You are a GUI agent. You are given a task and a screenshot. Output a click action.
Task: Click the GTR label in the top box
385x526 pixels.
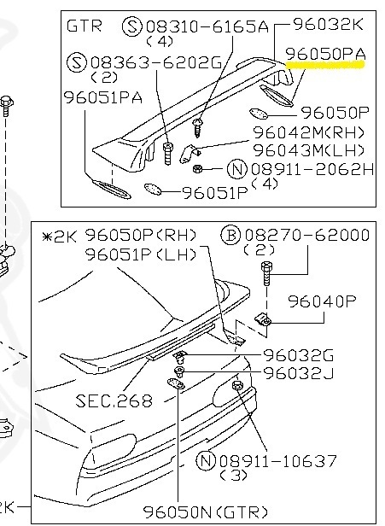(x=84, y=26)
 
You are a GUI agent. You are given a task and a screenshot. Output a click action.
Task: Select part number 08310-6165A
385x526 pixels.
(x=207, y=26)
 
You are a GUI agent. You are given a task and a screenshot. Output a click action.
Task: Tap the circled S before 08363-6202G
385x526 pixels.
(x=77, y=62)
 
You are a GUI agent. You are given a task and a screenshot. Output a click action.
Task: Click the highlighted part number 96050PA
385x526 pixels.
(x=325, y=54)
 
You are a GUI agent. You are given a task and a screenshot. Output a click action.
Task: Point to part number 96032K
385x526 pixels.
(x=329, y=24)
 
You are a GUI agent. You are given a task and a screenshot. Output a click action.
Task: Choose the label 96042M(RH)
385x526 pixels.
(x=308, y=132)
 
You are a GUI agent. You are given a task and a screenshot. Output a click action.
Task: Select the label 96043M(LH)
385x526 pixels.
(x=308, y=150)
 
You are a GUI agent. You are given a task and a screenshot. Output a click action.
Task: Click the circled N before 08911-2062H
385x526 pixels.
(x=237, y=169)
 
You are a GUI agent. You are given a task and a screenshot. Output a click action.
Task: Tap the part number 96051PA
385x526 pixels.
(x=103, y=97)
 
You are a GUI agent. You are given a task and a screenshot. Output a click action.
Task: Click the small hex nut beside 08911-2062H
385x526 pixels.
(x=197, y=168)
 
